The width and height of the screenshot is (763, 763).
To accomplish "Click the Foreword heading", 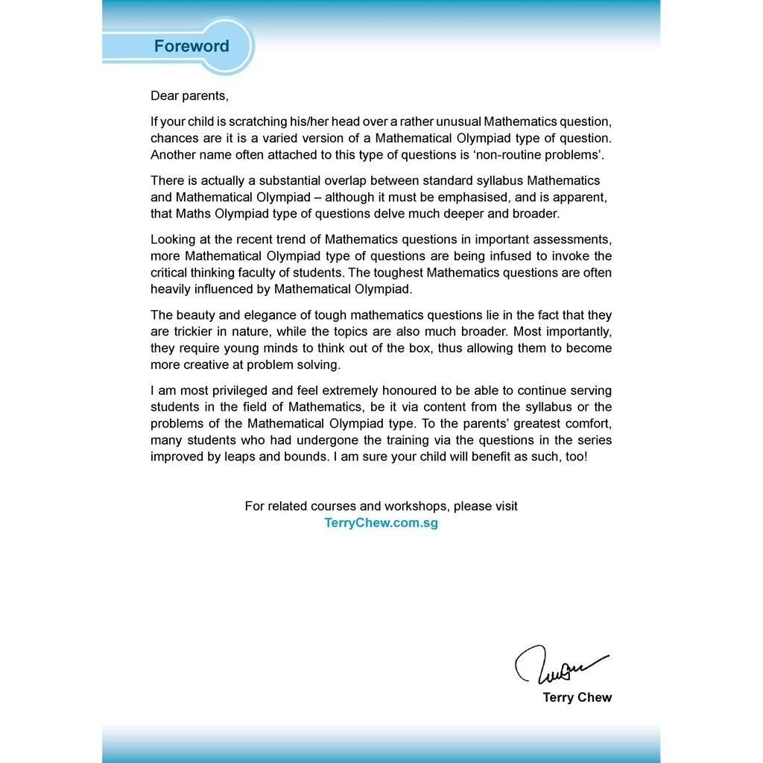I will click(x=191, y=46).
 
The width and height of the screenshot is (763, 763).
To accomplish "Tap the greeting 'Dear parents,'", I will click(x=189, y=96).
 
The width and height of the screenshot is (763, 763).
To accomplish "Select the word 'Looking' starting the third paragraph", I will click(x=173, y=239).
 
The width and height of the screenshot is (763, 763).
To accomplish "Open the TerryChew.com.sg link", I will click(x=381, y=523).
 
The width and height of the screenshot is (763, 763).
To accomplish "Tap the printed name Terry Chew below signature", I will click(x=577, y=698).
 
